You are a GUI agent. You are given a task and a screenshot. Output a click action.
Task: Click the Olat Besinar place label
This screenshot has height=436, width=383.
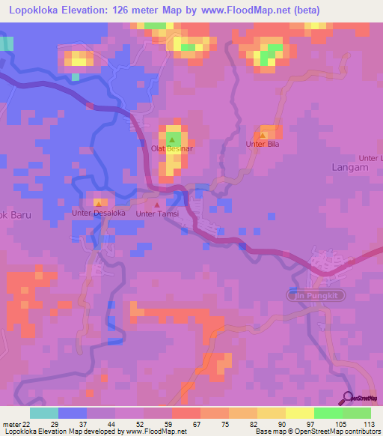173,149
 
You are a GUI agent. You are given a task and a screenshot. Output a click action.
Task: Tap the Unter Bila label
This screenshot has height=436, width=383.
263,144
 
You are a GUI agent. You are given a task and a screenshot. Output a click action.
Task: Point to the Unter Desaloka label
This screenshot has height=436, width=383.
98,213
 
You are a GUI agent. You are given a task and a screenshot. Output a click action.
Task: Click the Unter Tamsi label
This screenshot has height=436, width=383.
156,214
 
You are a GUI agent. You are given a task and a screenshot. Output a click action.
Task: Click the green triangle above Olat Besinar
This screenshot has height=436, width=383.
173,139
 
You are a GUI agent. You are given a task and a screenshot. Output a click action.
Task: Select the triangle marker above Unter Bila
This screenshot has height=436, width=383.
263,134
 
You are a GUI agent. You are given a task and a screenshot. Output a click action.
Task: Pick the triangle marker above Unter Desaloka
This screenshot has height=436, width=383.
98,203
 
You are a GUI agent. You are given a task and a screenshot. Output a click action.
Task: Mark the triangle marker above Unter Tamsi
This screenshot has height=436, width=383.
156,204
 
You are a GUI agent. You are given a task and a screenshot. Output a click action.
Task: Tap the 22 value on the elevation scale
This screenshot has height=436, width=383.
28,423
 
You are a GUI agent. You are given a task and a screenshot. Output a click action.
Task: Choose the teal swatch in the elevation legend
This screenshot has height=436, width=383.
44,413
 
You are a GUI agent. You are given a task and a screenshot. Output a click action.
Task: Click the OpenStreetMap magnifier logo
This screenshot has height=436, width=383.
349,397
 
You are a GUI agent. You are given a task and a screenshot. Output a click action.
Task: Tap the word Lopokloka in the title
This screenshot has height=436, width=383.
36,10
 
